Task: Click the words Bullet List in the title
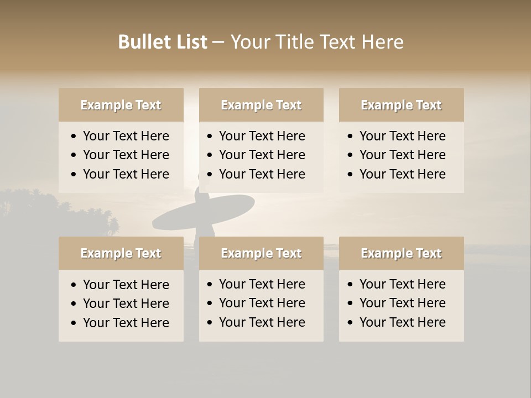[163, 42]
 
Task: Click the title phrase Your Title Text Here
[316, 42]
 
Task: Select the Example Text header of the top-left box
[121, 105]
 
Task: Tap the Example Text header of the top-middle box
[261, 105]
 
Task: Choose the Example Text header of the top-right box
[401, 105]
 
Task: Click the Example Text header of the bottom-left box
[121, 253]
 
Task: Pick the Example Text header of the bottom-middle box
[261, 253]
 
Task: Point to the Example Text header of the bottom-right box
[401, 253]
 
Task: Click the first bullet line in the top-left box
[126, 136]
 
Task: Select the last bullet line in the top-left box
[126, 174]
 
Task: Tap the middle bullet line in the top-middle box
[262, 155]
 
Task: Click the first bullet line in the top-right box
[402, 136]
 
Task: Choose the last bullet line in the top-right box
[402, 174]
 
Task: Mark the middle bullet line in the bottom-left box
[126, 303]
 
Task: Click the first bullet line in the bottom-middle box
[262, 284]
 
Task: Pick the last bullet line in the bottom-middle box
[262, 322]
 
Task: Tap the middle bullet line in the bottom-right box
[402, 303]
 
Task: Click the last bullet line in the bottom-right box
[402, 322]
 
